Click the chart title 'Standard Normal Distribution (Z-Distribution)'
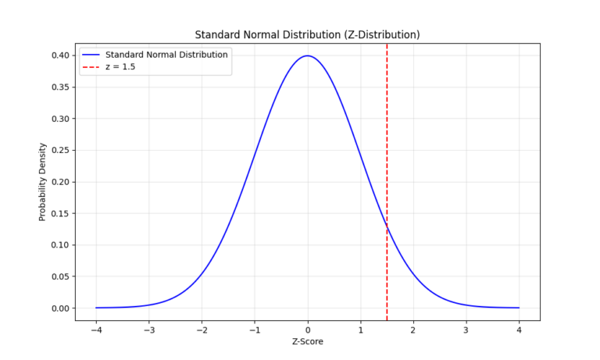[308, 34]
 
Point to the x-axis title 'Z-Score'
[308, 341]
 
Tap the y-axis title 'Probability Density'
[43, 182]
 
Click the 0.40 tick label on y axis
[61, 55]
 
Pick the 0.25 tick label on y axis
[61, 150]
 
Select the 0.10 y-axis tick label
[61, 245]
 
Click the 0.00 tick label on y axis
[61, 308]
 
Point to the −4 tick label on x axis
[96, 329]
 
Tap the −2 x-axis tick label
[202, 329]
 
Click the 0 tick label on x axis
[308, 329]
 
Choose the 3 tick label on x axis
[466, 329]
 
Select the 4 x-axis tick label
[519, 329]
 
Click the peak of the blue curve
[308, 56]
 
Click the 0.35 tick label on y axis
[61, 87]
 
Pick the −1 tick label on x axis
[255, 329]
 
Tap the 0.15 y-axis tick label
[61, 213]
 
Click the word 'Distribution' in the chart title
[310, 34]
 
